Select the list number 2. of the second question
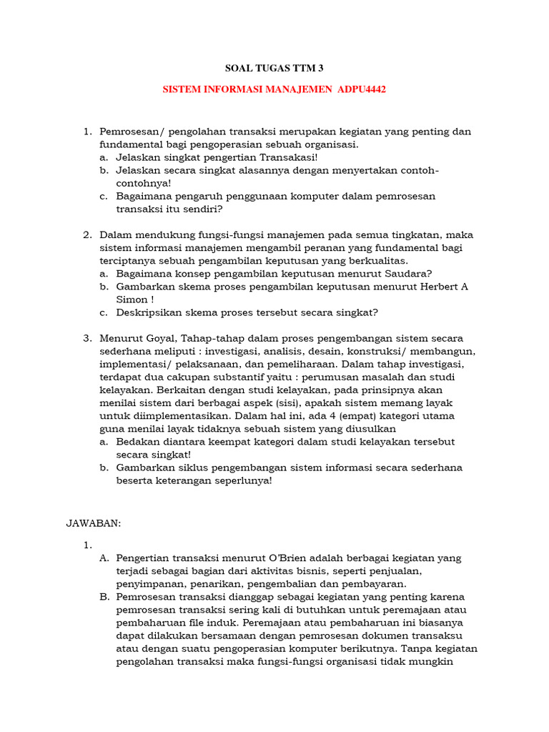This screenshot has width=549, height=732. coord(88,234)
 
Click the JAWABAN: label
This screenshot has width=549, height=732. coord(94,523)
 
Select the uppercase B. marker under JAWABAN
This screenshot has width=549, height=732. coord(104,596)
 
